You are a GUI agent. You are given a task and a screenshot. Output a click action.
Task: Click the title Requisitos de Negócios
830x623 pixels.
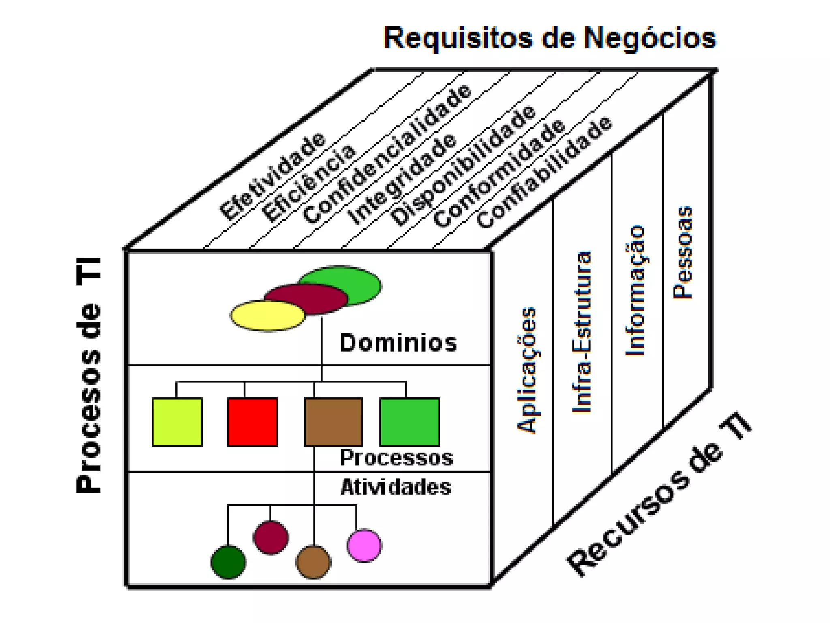click(x=550, y=38)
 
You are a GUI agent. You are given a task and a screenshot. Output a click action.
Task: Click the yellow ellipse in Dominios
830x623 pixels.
click(x=267, y=316)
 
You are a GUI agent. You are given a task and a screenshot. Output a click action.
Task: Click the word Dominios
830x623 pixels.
click(x=398, y=343)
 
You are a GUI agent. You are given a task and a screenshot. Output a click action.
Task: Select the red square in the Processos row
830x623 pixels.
click(x=252, y=422)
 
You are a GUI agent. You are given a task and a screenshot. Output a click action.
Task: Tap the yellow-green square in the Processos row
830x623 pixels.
click(x=177, y=422)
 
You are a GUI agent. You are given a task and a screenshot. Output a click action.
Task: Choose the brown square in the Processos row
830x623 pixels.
click(x=333, y=422)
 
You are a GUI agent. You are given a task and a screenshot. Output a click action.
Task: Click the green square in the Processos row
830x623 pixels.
click(x=409, y=422)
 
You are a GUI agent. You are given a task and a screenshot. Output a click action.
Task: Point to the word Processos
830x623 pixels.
click(x=396, y=458)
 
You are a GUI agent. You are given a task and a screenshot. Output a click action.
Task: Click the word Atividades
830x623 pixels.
click(x=396, y=487)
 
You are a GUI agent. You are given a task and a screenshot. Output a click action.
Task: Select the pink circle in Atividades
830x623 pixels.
click(x=364, y=545)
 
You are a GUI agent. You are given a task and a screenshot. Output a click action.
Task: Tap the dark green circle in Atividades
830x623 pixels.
click(x=228, y=562)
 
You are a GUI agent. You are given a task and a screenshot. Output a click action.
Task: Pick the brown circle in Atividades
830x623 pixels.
click(x=313, y=562)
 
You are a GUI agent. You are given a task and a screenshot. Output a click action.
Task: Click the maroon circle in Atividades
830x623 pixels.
click(x=271, y=537)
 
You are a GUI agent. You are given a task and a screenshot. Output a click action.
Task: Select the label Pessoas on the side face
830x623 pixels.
click(x=683, y=253)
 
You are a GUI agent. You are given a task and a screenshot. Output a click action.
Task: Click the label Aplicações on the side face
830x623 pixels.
click(x=527, y=370)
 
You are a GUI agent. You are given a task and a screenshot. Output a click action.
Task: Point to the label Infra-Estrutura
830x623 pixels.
click(x=582, y=332)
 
